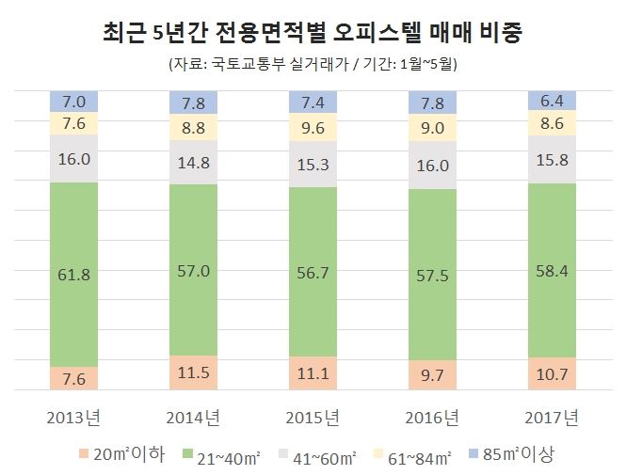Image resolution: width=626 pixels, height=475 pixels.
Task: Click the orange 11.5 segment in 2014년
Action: point(193,372)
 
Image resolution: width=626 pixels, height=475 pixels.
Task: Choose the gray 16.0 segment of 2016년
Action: point(432,166)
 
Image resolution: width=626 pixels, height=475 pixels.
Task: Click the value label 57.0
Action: point(193,271)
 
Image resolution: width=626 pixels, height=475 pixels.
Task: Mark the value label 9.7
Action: point(432,374)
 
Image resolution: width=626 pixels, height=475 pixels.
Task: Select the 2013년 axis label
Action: point(73,416)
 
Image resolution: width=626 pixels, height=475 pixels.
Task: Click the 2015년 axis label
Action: point(312,416)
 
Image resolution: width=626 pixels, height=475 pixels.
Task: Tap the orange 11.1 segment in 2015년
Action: point(312,373)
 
